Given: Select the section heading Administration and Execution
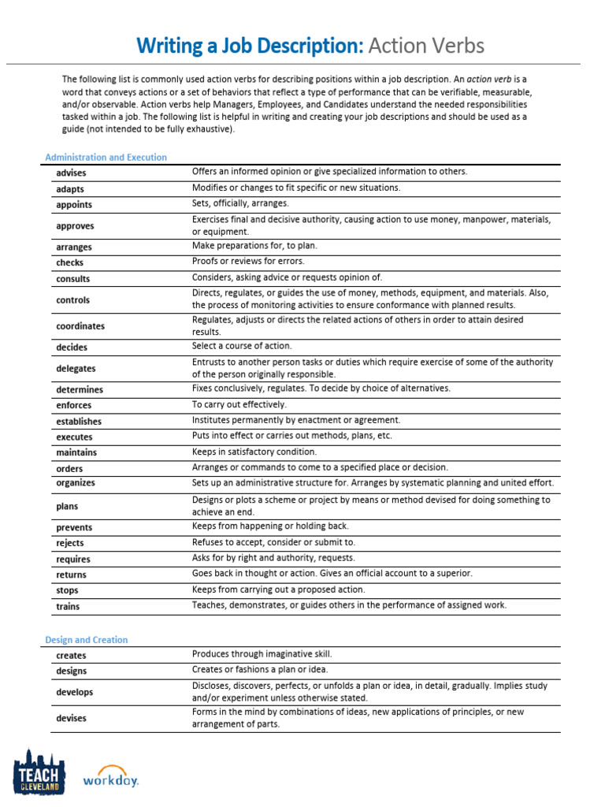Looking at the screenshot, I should coord(106,158).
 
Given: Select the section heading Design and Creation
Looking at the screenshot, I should coord(86,640).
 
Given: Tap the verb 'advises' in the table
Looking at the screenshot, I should coord(71,173).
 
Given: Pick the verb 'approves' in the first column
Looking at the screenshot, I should coord(75,226).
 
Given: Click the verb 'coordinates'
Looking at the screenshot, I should coord(80,326).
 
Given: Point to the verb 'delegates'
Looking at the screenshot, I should coord(76,368).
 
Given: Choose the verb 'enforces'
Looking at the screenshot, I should coord(73,405).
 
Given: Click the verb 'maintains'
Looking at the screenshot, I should coord(76,452).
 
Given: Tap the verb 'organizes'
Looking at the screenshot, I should coord(75,483).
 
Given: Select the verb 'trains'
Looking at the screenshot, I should coord(68,607).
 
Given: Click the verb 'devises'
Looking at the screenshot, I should coord(71,719).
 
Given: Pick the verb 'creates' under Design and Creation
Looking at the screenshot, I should coord(71,656).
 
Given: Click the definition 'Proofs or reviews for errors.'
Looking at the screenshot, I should coord(248,261).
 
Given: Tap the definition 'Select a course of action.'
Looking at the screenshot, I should coord(242,346).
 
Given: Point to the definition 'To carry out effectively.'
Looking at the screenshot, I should coord(238,404).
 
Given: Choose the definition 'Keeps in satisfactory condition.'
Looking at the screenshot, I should coord(254,452).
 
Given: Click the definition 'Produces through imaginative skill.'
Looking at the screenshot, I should coord(262,654).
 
